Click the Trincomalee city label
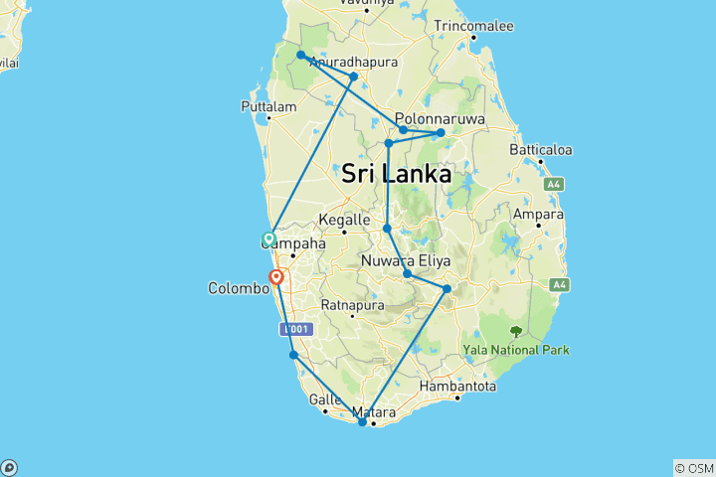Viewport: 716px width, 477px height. (472, 25)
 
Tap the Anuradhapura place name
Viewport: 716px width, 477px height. (353, 62)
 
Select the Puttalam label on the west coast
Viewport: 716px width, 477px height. (268, 106)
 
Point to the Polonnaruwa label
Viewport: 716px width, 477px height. (439, 117)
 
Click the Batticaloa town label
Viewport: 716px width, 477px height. (541, 150)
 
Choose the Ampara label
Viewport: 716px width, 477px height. (538, 214)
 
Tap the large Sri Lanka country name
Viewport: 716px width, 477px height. (396, 174)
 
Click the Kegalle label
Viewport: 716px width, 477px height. (344, 221)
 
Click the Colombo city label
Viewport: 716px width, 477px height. (239, 288)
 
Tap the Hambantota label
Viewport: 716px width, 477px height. (457, 385)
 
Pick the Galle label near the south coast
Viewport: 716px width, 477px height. (325, 399)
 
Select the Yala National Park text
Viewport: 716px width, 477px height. (516, 349)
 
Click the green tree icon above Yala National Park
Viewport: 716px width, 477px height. (515, 332)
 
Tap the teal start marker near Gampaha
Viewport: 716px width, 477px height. (268, 238)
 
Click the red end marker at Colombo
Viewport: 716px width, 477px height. (277, 277)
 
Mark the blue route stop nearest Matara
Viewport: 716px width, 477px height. (363, 422)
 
